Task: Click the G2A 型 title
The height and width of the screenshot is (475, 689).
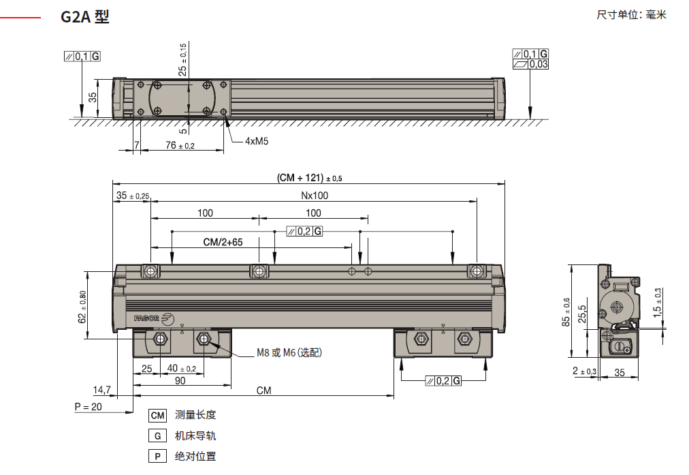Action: click(84, 18)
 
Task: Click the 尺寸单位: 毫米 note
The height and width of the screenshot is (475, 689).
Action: click(631, 15)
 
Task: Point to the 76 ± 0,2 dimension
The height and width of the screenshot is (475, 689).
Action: click(180, 145)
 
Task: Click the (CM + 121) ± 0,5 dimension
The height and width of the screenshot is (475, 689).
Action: click(310, 178)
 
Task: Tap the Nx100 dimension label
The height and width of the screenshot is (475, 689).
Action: click(314, 195)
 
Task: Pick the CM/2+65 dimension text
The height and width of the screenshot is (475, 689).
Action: click(223, 242)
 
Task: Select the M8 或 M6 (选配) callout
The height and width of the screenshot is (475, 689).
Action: click(289, 352)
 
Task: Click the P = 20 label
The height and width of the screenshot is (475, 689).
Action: click(88, 406)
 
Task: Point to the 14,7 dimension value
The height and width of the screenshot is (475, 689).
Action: click(101, 390)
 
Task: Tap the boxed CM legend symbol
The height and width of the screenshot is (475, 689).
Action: click(157, 415)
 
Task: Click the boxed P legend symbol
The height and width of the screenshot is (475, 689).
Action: click(157, 457)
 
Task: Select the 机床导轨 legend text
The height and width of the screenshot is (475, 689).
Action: click(195, 435)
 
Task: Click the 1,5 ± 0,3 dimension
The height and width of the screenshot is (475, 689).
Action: click(658, 303)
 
